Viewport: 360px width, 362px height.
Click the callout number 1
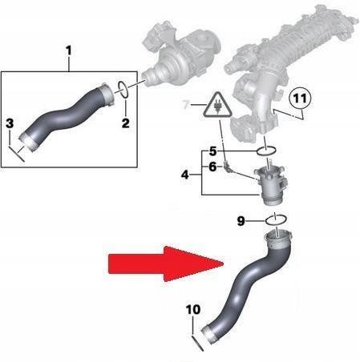[x=69, y=50]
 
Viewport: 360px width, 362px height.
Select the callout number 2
[x=126, y=123]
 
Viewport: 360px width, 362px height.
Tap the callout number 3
[x=10, y=123]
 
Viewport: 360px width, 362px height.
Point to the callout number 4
[x=185, y=175]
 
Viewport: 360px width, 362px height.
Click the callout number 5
[x=212, y=151]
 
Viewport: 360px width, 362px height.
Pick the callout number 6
[x=212, y=167]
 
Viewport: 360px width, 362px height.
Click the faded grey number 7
[x=186, y=104]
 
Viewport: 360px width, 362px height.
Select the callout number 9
[x=241, y=221]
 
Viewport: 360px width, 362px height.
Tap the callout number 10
[x=193, y=310]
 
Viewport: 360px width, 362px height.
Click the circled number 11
[x=300, y=99]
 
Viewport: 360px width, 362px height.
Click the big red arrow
[x=166, y=263]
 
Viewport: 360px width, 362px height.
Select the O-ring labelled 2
[x=123, y=89]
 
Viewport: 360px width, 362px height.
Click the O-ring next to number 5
[x=266, y=151]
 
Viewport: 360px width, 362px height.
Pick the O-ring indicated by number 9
[x=277, y=219]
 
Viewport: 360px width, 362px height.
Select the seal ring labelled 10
[x=198, y=343]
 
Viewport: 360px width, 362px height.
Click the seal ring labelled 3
[x=17, y=154]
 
